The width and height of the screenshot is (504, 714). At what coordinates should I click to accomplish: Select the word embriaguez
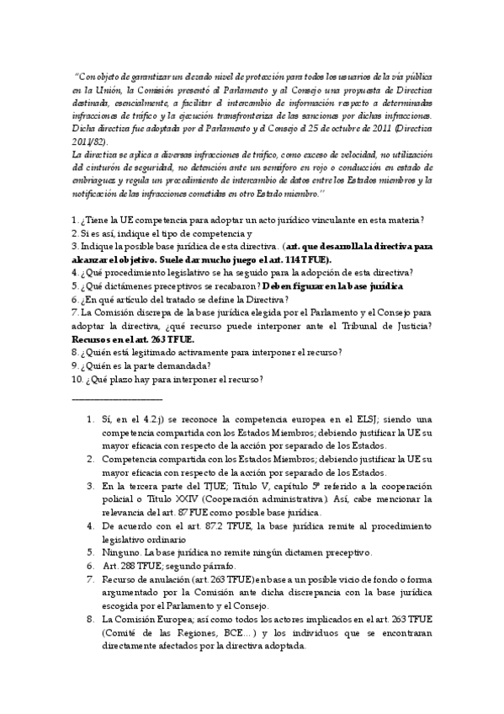(x=98, y=181)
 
